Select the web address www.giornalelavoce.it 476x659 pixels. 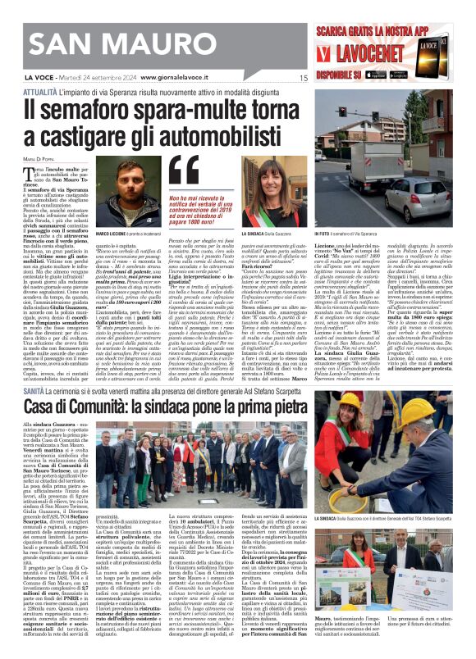183,78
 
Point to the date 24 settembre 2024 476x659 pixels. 106,78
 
